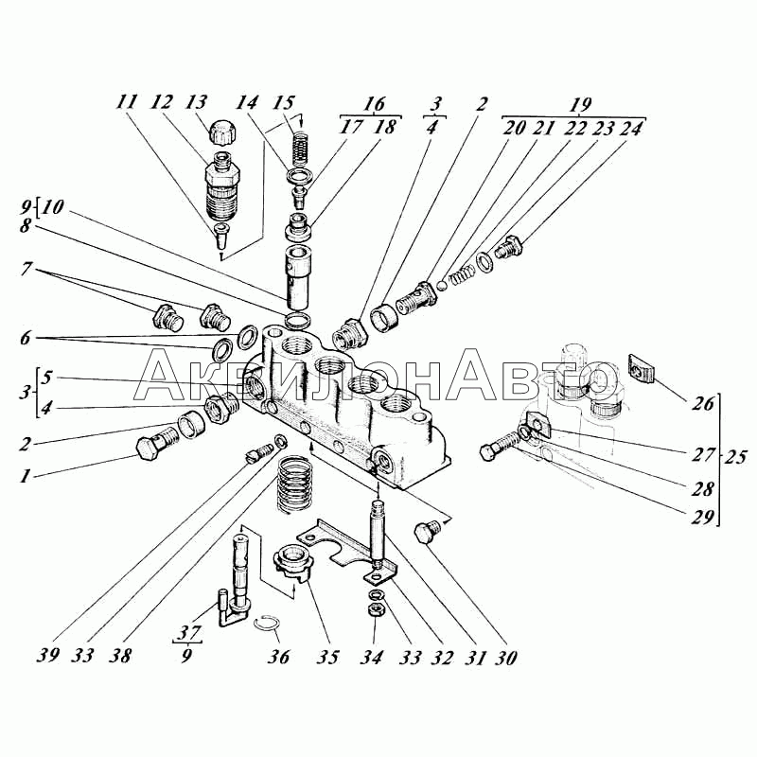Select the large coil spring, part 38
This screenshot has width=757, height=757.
pyautogui.click(x=294, y=484)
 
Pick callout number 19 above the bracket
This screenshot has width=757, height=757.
pyautogui.click(x=580, y=105)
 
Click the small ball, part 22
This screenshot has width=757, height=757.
pyautogui.click(x=442, y=286)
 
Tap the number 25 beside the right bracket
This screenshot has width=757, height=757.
pyautogui.click(x=735, y=457)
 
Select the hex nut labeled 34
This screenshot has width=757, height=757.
pyautogui.click(x=376, y=610)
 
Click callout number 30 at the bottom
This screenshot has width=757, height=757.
pyautogui.click(x=505, y=658)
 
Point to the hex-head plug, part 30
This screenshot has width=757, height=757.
pyautogui.click(x=427, y=531)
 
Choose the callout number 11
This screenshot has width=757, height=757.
pyautogui.click(x=127, y=102)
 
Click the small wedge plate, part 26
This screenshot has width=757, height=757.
pyautogui.click(x=641, y=368)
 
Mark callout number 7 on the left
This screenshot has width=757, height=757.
pyautogui.click(x=26, y=269)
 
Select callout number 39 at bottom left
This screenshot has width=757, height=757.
pyautogui.click(x=48, y=655)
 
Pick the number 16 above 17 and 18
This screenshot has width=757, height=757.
pyautogui.click(x=374, y=104)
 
